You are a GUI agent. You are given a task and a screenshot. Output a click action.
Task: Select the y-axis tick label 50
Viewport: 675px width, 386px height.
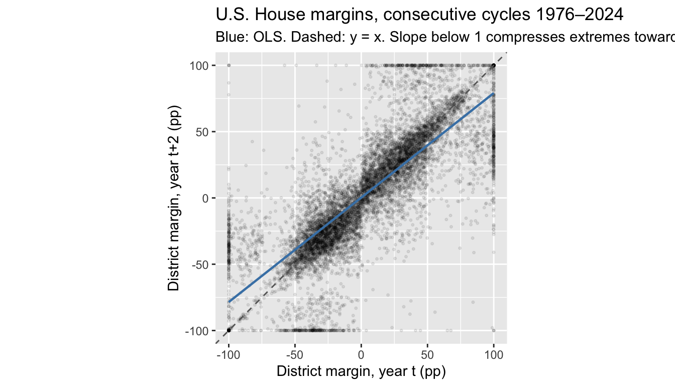tap(202, 132)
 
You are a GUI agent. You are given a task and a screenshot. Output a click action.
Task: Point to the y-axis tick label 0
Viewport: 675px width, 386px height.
tap(204, 199)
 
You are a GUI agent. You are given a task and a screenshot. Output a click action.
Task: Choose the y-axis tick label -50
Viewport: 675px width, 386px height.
tap(200, 264)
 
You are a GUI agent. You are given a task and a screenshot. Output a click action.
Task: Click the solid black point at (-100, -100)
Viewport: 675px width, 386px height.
tap(229, 330)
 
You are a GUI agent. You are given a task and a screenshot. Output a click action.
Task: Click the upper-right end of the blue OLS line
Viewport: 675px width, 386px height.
tap(494, 93)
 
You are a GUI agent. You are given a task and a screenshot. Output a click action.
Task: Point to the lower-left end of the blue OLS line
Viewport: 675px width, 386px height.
tap(229, 302)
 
